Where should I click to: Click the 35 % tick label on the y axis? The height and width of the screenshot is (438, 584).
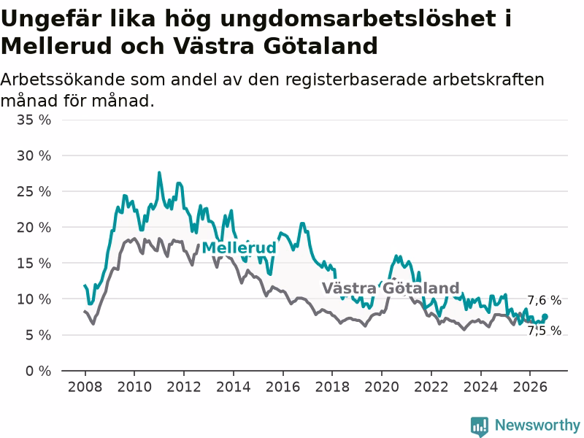pyautogui.click(x=34, y=120)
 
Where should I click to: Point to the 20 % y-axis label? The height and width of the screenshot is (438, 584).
pyautogui.click(x=34, y=227)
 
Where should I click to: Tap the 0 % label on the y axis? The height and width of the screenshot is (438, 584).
pyautogui.click(x=39, y=371)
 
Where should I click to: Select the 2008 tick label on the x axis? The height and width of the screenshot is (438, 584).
pyautogui.click(x=85, y=387)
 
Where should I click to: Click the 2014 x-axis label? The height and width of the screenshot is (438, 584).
pyautogui.click(x=234, y=387)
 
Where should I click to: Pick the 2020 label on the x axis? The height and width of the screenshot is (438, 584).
pyautogui.click(x=382, y=387)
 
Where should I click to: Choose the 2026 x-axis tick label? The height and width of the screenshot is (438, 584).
pyautogui.click(x=530, y=387)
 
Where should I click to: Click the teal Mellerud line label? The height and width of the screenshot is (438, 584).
pyautogui.click(x=239, y=247)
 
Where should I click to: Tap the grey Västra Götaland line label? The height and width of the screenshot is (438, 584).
pyautogui.click(x=391, y=288)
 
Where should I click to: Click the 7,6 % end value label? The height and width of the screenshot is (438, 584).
pyautogui.click(x=545, y=300)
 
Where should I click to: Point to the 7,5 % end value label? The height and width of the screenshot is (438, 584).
pyautogui.click(x=545, y=331)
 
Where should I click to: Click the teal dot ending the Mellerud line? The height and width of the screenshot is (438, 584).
pyautogui.click(x=545, y=317)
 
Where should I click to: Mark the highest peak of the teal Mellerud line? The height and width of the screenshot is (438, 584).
pyautogui.click(x=159, y=172)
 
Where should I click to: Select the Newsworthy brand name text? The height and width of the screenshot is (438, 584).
pyautogui.click(x=537, y=425)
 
